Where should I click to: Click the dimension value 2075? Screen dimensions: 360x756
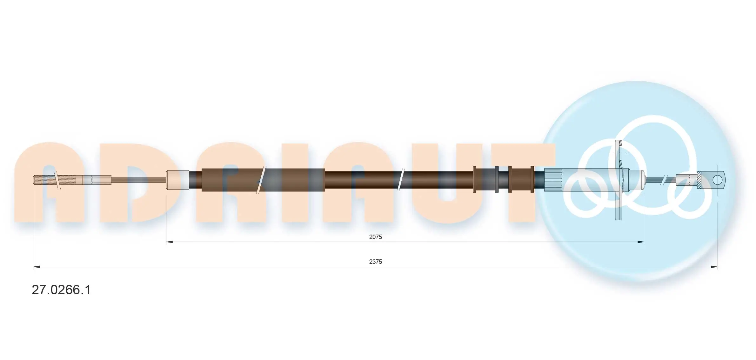375,237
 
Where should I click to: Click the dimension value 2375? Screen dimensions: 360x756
375,262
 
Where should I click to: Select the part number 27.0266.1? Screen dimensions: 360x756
61,290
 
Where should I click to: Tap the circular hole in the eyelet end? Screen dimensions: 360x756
717,180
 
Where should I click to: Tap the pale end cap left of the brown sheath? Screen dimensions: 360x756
177,180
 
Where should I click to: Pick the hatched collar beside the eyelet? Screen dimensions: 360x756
699,180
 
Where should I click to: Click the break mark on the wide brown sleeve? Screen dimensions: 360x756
261,180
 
